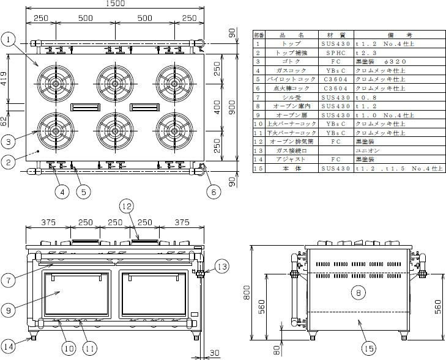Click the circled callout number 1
click(8, 40)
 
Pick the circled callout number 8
click(357, 292)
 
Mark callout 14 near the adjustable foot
click(9, 347)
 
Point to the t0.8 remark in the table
click(365, 97)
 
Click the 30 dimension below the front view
click(214, 352)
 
